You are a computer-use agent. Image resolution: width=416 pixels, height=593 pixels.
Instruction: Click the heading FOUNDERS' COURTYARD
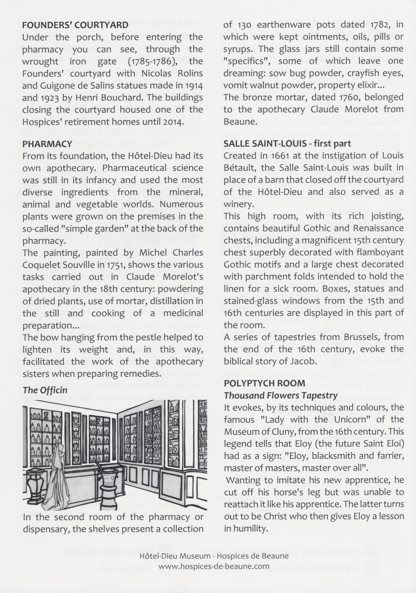tap(75, 25)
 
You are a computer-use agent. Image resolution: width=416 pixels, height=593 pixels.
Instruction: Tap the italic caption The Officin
tap(45, 390)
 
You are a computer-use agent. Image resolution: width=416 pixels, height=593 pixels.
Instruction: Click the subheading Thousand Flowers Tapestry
tap(281, 395)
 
